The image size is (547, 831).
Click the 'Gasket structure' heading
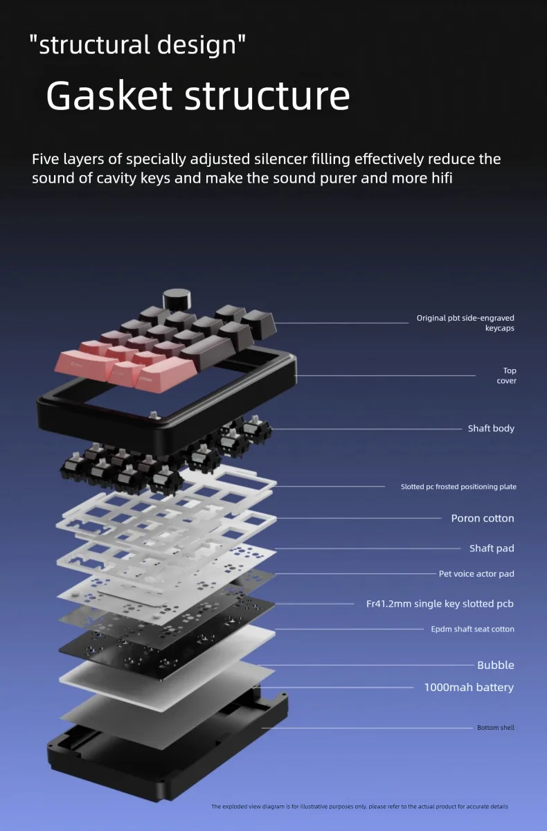coord(197,96)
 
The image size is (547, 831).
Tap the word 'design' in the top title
coord(197,45)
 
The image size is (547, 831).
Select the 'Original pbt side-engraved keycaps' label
coord(465,323)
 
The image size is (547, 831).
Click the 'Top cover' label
coord(507,375)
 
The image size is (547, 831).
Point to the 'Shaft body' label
coord(491,429)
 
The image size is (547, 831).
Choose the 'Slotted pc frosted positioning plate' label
coord(458,487)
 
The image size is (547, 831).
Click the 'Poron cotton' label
coord(483,518)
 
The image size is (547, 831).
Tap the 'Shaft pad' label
coord(492,548)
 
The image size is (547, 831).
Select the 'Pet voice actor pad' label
coord(476,574)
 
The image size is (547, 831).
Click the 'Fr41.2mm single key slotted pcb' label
coord(440,604)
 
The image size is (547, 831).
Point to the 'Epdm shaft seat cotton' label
coord(472,629)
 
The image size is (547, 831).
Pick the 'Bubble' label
coord(496,665)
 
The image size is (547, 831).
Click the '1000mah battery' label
coord(469,688)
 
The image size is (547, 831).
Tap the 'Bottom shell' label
coord(496,728)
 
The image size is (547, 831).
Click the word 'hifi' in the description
coord(442,179)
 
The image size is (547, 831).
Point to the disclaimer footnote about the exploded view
coord(359,807)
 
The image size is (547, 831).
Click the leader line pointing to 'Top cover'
coord(385,375)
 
